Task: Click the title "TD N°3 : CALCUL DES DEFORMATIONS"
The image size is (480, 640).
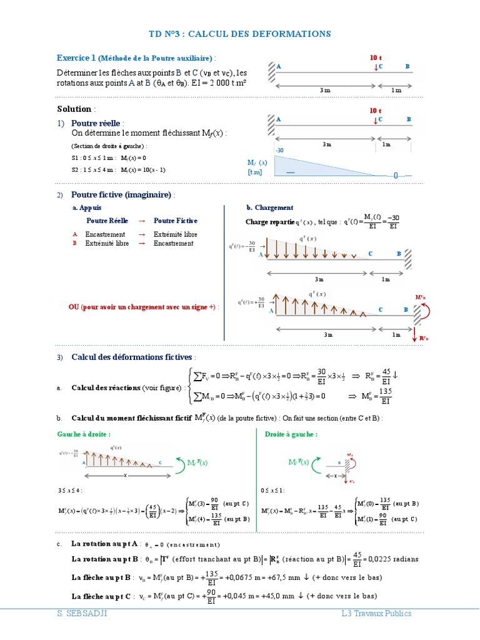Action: point(240,34)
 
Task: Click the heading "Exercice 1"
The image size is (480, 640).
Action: point(76,58)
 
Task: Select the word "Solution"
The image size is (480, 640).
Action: point(74,109)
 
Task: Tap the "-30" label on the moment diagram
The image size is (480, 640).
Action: point(279,151)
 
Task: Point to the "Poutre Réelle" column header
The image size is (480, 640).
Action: point(107,221)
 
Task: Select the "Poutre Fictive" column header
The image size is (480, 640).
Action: point(176,221)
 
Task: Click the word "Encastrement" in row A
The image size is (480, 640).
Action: point(106,234)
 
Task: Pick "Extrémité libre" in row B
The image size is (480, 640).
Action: point(107,243)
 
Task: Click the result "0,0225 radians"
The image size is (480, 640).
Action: point(393,559)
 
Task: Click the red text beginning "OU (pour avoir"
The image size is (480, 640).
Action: point(144,307)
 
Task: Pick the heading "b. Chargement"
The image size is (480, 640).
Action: point(270,207)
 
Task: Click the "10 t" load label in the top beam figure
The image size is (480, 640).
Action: point(376,57)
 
